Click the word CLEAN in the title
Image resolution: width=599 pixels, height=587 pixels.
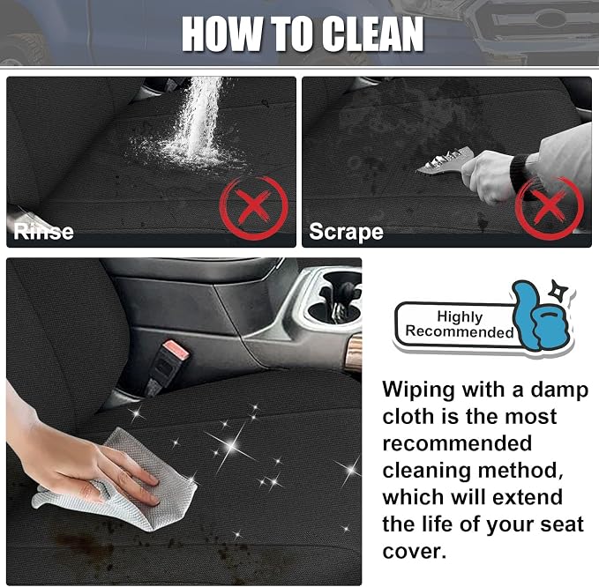[371, 34]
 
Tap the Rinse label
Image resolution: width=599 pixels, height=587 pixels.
[43, 232]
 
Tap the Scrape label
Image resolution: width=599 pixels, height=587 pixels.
[346, 231]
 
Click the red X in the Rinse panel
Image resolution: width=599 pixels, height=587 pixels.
[253, 207]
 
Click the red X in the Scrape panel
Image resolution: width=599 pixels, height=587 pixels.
[549, 207]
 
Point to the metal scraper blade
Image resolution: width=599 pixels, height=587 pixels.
[445, 161]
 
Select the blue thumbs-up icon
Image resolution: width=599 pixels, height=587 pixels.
[539, 316]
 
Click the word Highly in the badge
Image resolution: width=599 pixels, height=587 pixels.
[460, 316]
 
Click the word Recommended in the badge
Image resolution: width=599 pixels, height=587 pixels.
[460, 331]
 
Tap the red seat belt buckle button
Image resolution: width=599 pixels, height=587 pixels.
[176, 350]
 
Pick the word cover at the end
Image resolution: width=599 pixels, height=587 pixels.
[414, 552]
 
